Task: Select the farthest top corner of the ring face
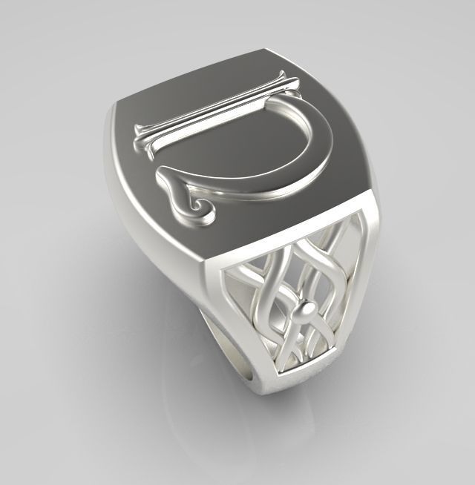pyautogui.click(x=265, y=51)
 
